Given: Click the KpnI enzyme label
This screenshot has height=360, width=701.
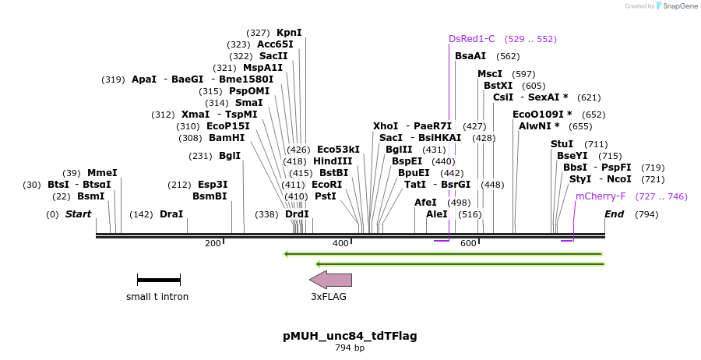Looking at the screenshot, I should [289, 33].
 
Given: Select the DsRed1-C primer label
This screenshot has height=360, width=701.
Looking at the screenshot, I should [471, 39].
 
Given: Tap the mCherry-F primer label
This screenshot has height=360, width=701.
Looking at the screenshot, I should [601, 197].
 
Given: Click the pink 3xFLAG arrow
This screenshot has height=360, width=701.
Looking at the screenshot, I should [330, 280].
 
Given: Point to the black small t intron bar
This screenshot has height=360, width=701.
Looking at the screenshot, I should [158, 280].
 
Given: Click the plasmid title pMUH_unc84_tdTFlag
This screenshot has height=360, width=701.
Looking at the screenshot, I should [350, 336].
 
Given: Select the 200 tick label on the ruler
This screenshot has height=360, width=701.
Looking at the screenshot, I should [213, 244].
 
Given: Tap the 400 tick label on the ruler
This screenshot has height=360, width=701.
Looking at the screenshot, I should [340, 244].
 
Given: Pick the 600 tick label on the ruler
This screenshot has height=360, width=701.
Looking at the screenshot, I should [468, 244].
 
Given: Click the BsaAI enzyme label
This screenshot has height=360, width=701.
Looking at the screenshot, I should [470, 56].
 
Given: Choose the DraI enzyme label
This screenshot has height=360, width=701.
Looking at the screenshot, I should [171, 214].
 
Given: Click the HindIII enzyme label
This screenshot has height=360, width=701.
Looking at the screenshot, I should [333, 161].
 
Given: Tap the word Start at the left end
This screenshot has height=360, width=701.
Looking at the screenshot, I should [78, 214].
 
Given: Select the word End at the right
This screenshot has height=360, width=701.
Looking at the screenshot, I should [615, 214].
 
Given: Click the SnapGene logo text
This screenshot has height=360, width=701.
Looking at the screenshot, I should [678, 6].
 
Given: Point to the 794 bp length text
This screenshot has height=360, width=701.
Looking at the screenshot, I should [350, 348].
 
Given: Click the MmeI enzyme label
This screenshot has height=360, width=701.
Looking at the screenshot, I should [102, 173].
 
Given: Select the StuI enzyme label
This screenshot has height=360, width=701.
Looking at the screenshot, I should [562, 144].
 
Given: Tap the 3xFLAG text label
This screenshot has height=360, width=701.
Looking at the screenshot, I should [329, 297].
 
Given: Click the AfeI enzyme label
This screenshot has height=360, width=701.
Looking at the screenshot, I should [426, 203].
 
